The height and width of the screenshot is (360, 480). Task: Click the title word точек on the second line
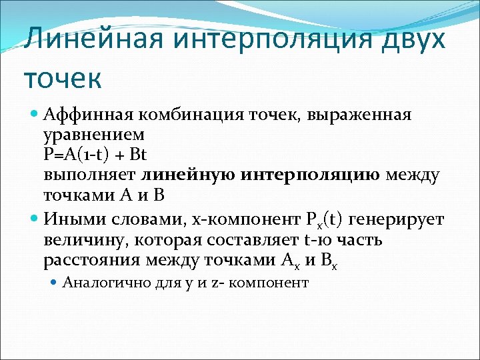pyautogui.click(x=63, y=79)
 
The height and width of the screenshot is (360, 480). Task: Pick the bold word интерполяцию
pyautogui.click(x=309, y=175)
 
